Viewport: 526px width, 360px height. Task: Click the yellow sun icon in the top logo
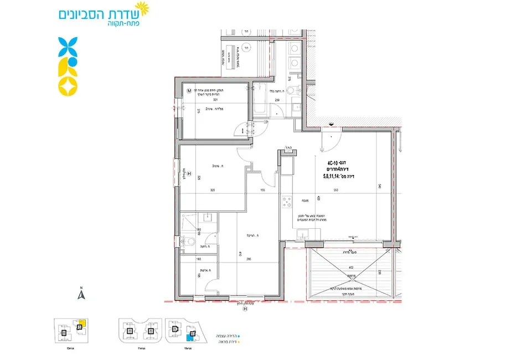143,9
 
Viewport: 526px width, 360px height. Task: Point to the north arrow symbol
80,294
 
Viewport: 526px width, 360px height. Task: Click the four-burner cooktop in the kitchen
287,202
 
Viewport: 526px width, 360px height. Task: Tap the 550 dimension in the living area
336,190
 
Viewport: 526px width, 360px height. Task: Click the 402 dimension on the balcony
349,268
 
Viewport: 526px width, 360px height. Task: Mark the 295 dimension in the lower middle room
249,259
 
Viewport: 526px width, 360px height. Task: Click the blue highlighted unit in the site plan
189,335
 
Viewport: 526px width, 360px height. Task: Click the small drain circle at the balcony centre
350,275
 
